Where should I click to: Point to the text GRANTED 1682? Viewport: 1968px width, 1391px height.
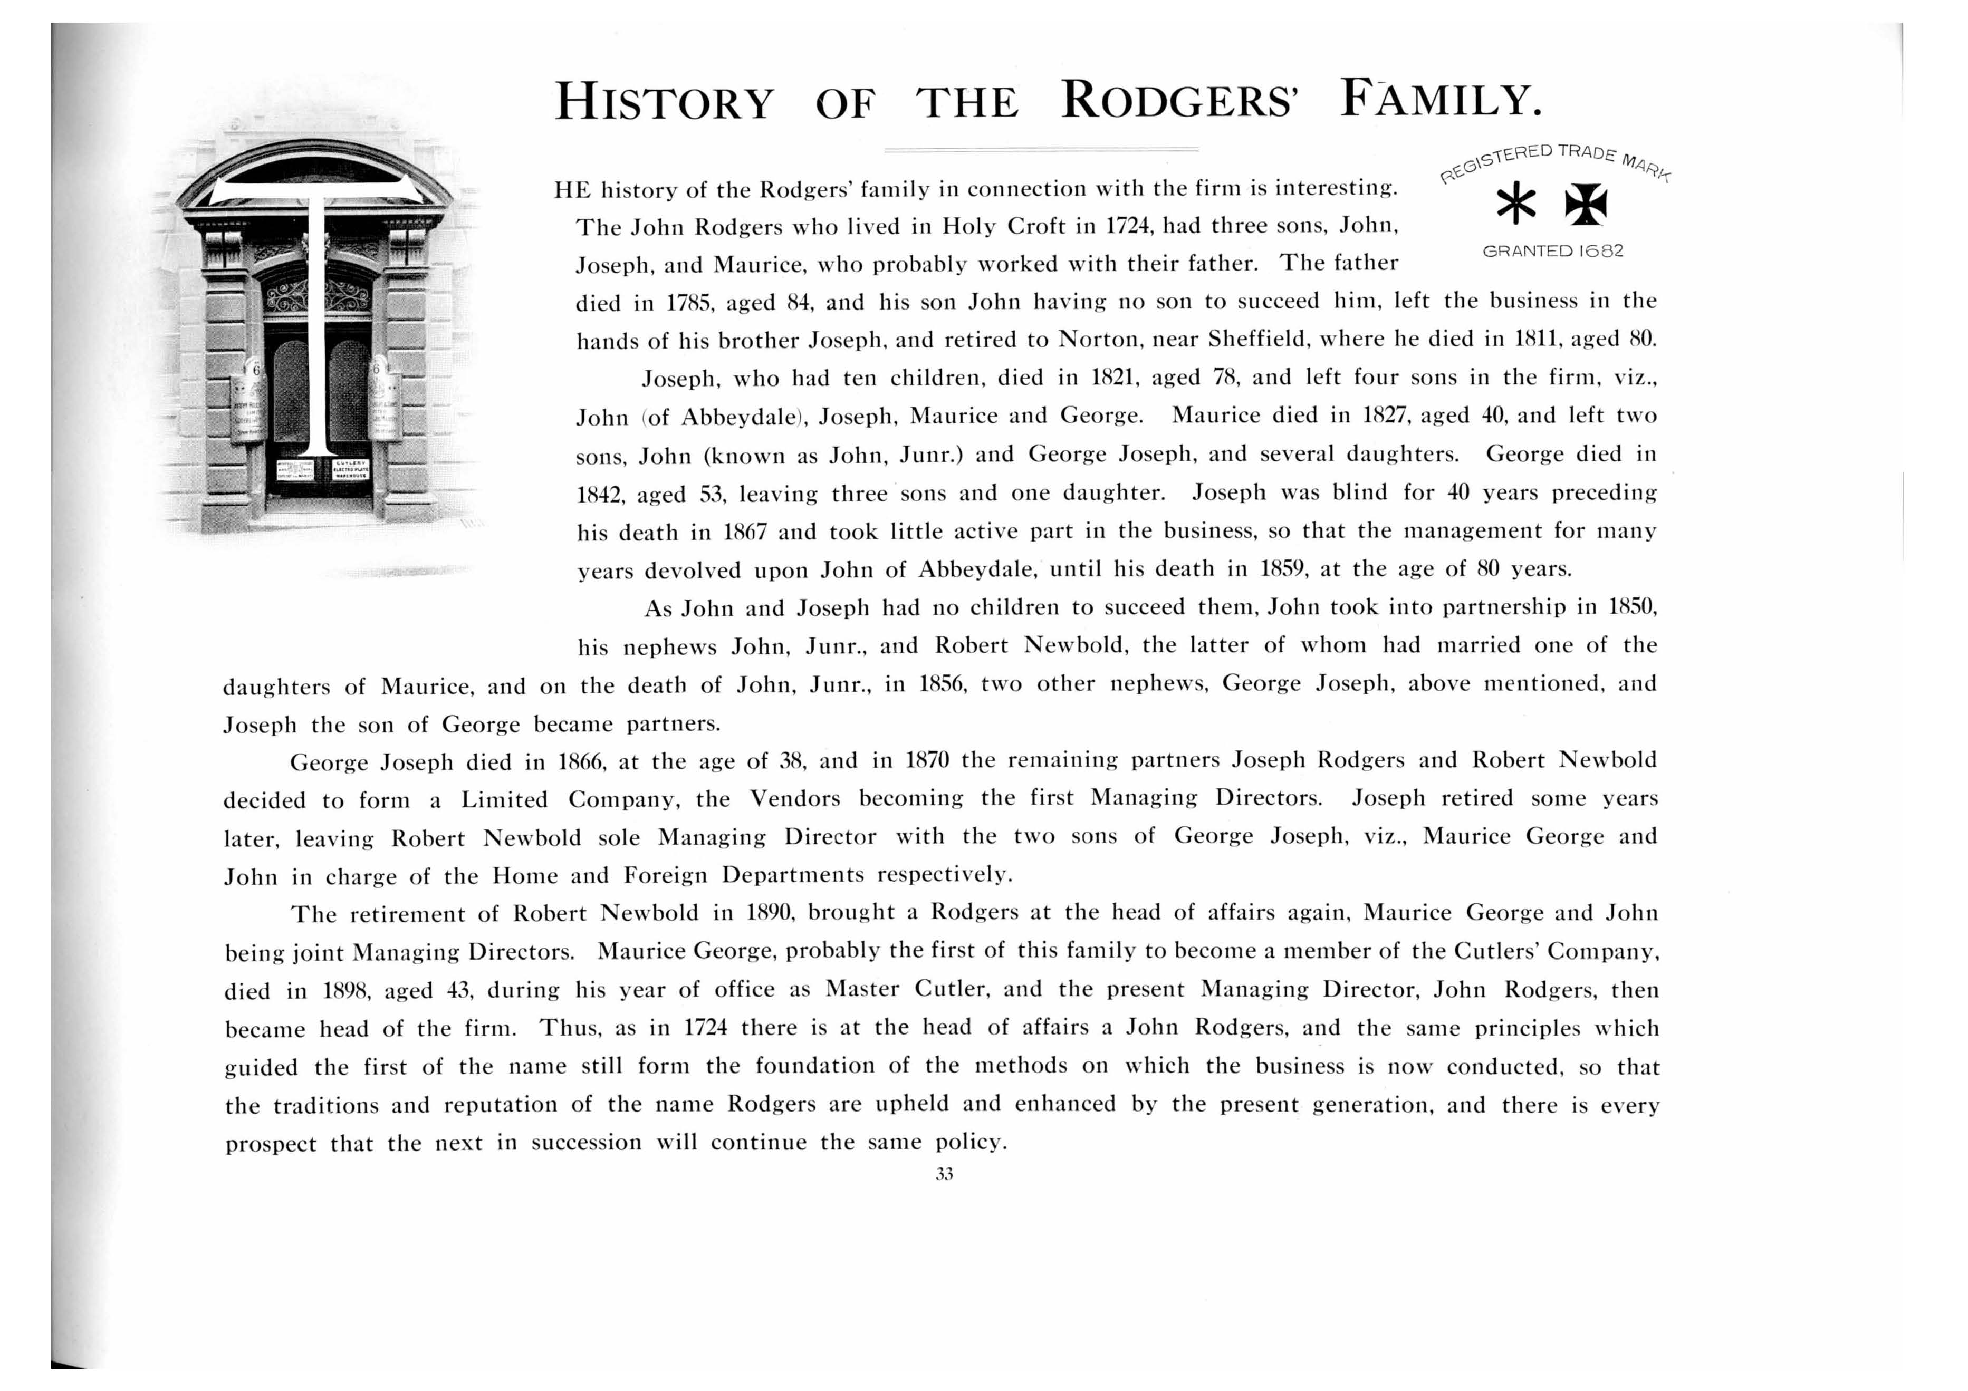pos(1552,251)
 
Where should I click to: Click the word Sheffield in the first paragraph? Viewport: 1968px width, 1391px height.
pos(1256,340)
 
